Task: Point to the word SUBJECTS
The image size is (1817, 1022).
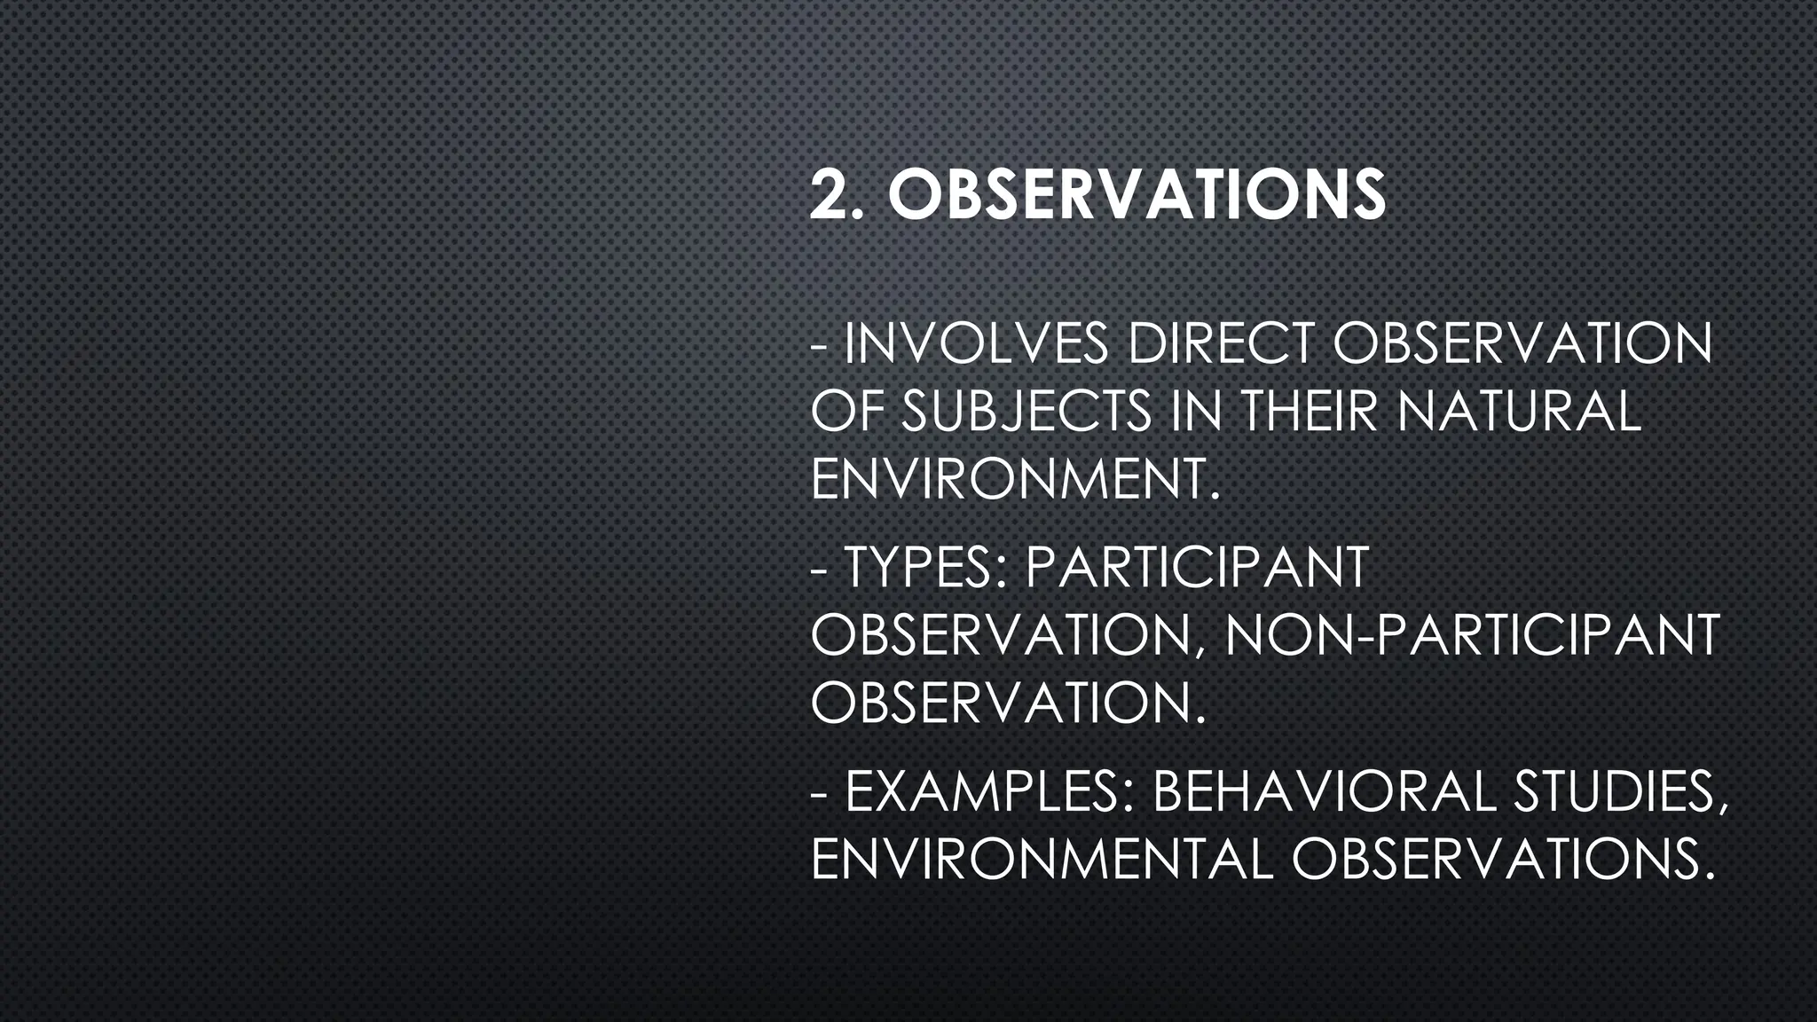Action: (x=1026, y=412)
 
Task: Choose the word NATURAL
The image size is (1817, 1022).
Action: (x=1520, y=412)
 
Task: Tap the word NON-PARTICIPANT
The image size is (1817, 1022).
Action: (x=1472, y=635)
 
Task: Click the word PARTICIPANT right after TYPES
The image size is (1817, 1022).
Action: (x=1197, y=568)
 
